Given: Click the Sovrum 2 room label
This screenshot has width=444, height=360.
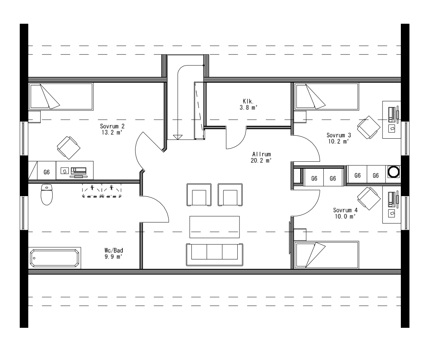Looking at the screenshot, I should coord(112,130).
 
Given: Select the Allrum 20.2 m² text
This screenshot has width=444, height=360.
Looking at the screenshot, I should coord(261,157).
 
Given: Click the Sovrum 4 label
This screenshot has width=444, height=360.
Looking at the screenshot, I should coord(345,213).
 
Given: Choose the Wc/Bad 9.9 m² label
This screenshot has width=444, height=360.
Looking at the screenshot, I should coord(113,253).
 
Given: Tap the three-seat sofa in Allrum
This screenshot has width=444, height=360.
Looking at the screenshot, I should coord(214,254).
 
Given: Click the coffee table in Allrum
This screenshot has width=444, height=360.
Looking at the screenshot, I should coord(214,227).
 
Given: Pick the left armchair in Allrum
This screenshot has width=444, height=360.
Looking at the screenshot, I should coord(199,195).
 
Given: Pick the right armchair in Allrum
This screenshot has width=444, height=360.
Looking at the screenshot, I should coord(230,195).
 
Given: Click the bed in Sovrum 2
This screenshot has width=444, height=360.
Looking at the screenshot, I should coord(61,96).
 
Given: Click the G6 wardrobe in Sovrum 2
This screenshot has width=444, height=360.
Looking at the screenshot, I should coord(46,172).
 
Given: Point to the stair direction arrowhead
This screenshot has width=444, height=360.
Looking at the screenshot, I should coord(178,137).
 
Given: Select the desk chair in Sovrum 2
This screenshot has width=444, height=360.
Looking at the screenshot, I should coord(68,147).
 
